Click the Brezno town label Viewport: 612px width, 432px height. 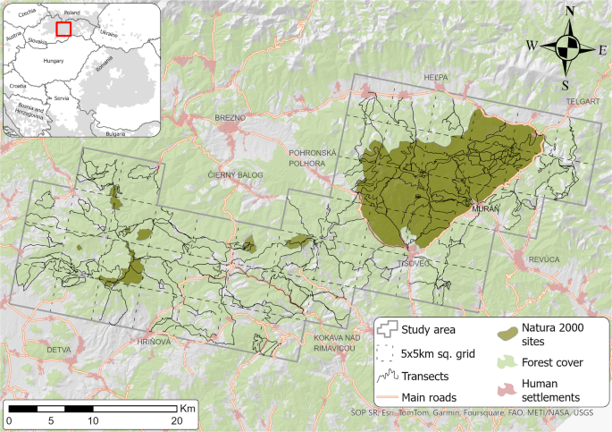point(230,117)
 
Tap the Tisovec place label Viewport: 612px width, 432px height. point(417,265)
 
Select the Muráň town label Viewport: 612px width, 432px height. point(486,208)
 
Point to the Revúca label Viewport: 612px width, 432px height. point(544,258)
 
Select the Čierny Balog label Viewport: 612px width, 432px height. point(231,175)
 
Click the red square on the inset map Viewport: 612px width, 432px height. point(63,29)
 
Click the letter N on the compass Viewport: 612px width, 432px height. point(568,12)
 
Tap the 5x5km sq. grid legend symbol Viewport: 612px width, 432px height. point(386,352)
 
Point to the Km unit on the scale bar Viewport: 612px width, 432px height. point(187,407)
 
